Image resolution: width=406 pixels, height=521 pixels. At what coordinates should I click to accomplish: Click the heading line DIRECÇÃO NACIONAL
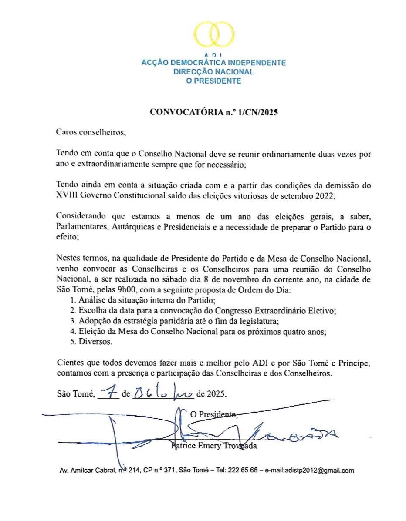[213, 72]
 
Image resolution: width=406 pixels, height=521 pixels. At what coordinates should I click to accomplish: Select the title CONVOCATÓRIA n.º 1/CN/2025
[213, 111]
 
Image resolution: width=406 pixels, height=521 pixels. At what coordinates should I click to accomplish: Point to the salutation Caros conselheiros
[91, 131]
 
